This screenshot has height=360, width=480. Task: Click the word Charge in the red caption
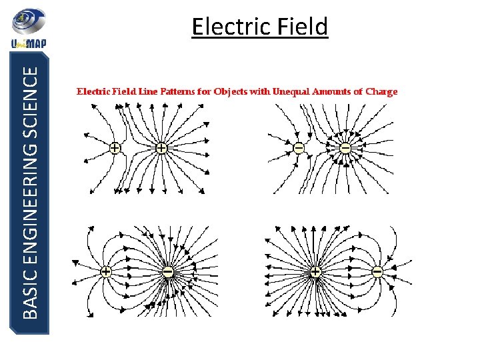[x=381, y=92]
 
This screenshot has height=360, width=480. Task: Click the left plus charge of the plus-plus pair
[x=115, y=148]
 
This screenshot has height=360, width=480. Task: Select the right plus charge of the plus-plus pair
[x=161, y=148]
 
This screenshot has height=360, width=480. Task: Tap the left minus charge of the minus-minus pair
[x=299, y=147]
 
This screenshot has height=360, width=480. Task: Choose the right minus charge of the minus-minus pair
[x=345, y=147]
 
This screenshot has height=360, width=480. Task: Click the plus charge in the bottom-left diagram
[x=106, y=272]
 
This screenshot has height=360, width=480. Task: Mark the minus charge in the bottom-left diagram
[x=168, y=272]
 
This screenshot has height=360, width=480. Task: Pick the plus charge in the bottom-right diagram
[x=315, y=272]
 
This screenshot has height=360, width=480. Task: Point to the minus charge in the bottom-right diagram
[x=377, y=272]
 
